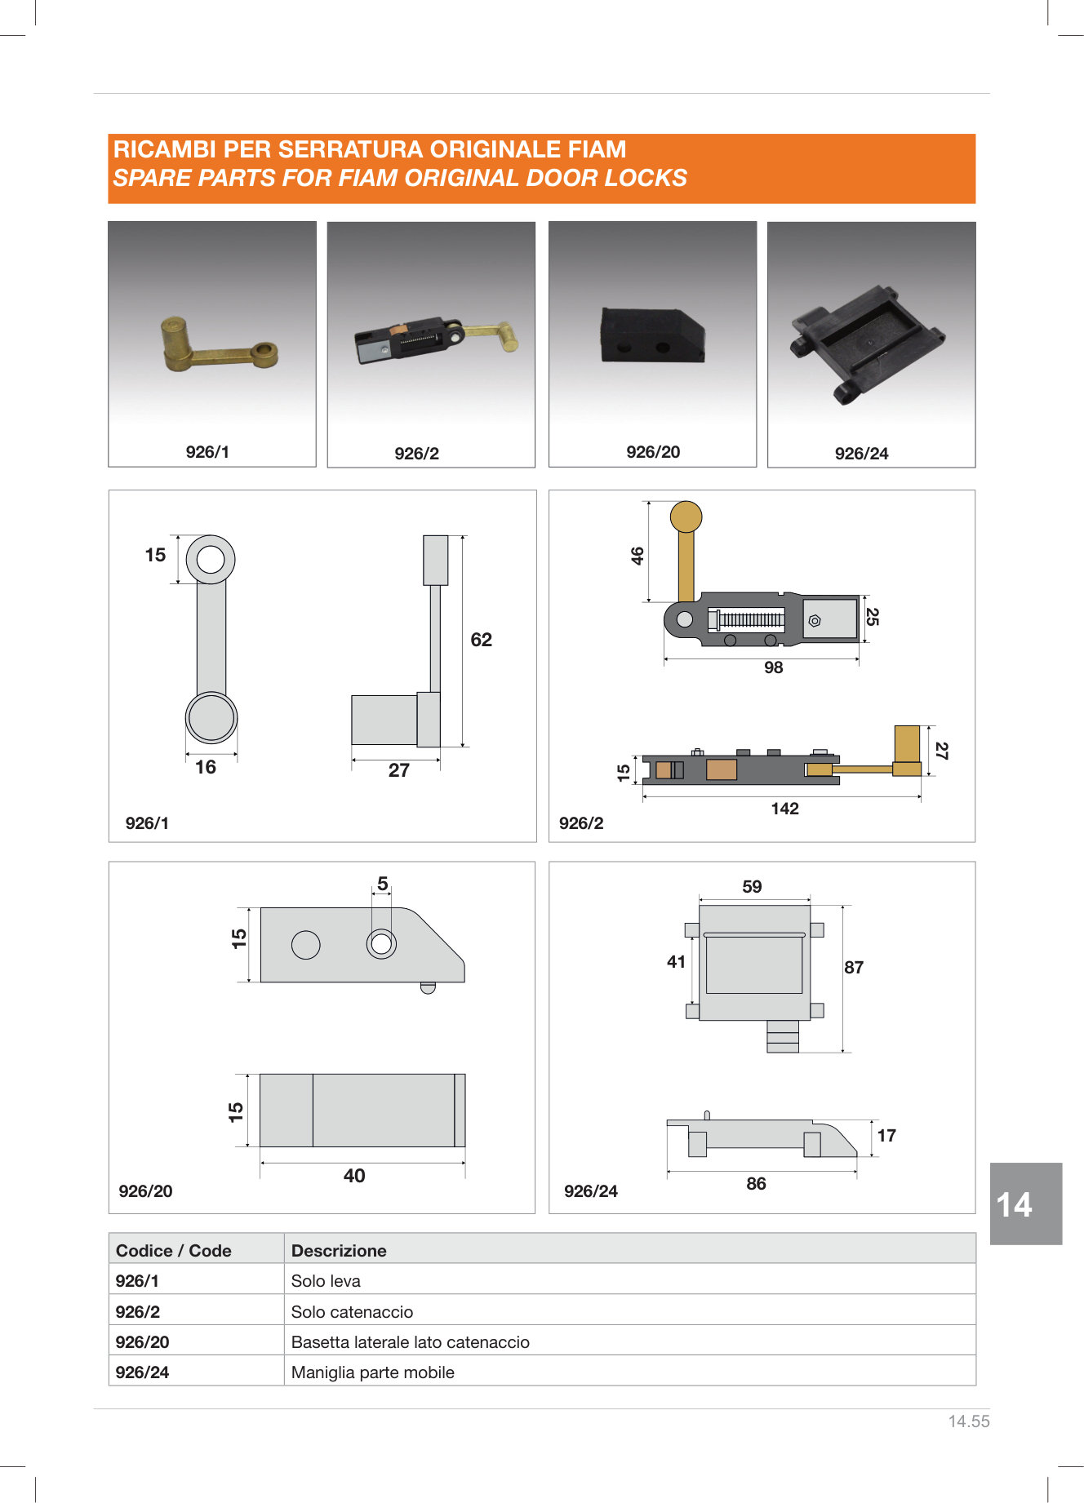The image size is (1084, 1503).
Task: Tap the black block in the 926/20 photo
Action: tap(652, 335)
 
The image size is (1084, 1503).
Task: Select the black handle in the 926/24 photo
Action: tap(867, 343)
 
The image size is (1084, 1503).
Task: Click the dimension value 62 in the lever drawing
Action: tap(482, 640)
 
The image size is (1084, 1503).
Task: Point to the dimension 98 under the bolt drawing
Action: tap(773, 667)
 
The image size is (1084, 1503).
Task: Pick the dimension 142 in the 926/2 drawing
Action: tap(784, 809)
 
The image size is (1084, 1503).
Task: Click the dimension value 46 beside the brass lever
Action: tap(638, 556)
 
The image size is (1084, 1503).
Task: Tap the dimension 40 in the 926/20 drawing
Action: tap(354, 1176)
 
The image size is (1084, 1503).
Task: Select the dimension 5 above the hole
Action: tap(383, 884)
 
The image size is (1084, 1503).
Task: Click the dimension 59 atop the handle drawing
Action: tap(752, 887)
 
